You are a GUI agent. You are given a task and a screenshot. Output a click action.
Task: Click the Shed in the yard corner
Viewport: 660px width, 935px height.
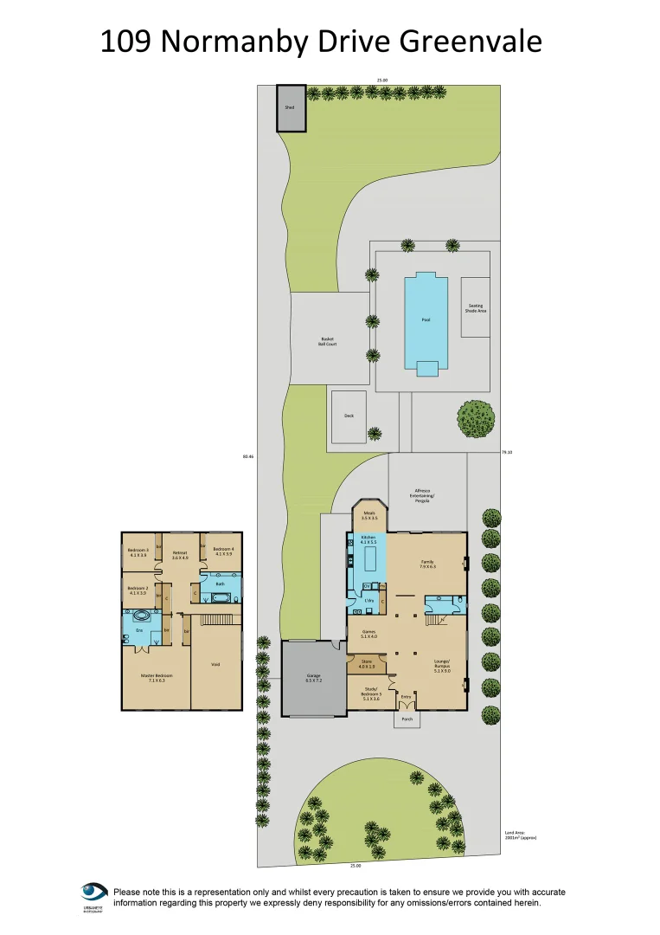[291, 108]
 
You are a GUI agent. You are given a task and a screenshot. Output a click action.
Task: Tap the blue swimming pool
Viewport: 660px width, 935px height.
[426, 319]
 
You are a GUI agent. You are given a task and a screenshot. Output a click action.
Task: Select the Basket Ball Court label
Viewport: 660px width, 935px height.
[328, 341]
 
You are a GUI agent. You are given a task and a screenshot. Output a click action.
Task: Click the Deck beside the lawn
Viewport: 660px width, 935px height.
[349, 416]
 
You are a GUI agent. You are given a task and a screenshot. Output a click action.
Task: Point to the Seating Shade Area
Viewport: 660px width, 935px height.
[476, 306]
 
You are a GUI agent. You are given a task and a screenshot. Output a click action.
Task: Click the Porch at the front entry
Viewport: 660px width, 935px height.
[407, 718]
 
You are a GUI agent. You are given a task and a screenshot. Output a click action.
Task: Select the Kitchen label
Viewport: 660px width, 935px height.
[368, 538]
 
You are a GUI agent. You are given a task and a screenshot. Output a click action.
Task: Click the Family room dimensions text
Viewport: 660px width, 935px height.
[427, 566]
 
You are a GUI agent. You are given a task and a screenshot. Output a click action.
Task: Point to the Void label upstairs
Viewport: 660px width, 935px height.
[215, 664]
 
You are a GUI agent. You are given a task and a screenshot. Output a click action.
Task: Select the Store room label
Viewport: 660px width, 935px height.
[367, 664]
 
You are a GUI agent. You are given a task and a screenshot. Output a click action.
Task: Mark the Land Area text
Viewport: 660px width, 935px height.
[516, 835]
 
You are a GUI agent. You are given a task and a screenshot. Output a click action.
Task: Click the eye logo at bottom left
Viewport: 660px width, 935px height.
[93, 892]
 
